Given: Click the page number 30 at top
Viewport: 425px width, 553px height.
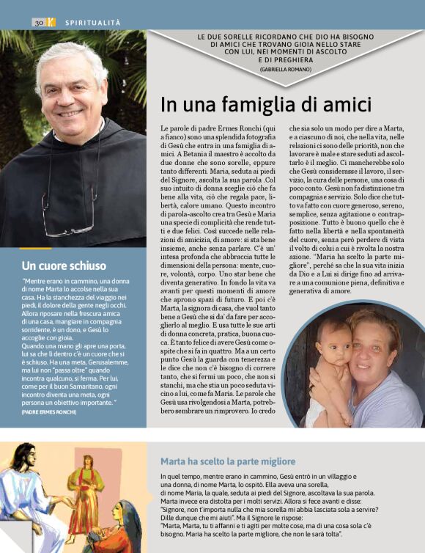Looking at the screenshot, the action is coord(39,23).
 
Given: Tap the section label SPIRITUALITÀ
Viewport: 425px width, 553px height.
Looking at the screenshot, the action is coord(92,23).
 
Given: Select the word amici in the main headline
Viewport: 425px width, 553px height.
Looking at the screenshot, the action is coord(348,105).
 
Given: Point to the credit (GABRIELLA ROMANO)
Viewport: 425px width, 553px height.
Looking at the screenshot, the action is coord(286,69).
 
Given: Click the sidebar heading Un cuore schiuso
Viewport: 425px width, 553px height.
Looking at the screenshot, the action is coord(64,265).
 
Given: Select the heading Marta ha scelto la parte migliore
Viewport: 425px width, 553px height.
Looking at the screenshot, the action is coord(228,461).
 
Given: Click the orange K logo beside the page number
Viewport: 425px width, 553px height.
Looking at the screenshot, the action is coord(51,23).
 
